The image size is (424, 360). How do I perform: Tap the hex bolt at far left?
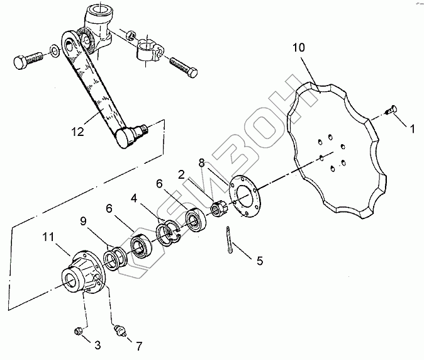click(27, 62)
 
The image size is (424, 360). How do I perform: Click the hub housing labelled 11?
click(83, 272)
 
